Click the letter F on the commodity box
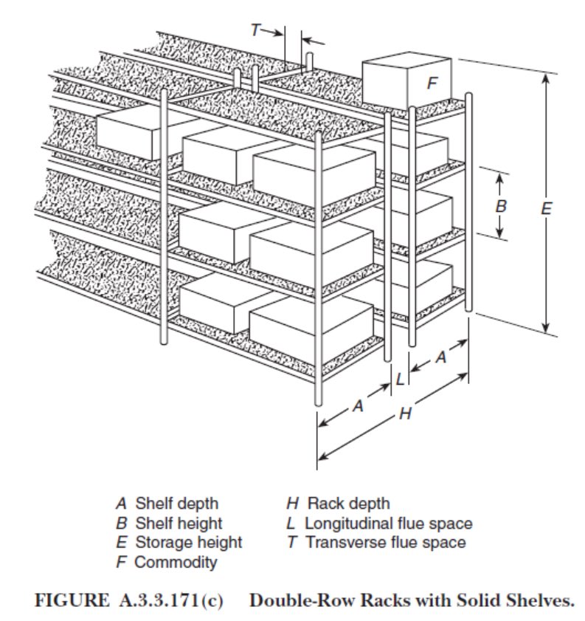[432, 84]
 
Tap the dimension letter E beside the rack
[546, 209]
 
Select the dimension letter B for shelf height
[501, 207]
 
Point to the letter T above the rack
[255, 30]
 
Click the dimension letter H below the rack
[404, 414]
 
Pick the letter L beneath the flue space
[400, 380]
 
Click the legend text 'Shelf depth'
[176, 504]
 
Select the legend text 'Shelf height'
[179, 524]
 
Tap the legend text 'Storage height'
[188, 543]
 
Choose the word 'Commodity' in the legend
[176, 562]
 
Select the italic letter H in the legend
[292, 504]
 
